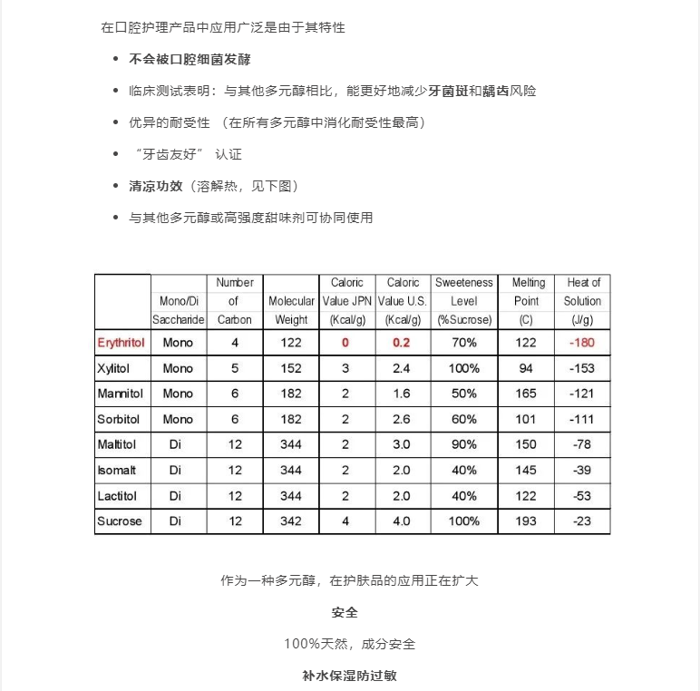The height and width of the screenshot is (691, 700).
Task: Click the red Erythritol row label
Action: click(x=122, y=343)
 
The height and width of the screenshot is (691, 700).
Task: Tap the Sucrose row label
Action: click(x=120, y=521)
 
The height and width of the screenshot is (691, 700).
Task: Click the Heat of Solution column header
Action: click(x=582, y=301)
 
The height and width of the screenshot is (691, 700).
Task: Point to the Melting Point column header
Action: click(x=526, y=301)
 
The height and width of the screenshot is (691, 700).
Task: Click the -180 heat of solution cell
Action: click(x=582, y=343)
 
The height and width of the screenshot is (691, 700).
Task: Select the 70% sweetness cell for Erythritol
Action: click(x=464, y=343)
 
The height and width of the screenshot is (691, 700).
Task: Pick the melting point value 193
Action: click(x=526, y=521)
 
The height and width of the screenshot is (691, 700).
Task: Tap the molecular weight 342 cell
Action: click(x=291, y=521)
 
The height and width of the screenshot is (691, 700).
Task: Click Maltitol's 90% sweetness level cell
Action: click(x=464, y=444)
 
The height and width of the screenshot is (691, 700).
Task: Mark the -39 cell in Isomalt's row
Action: click(x=582, y=470)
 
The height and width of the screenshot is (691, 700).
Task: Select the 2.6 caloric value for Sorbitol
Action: click(x=402, y=419)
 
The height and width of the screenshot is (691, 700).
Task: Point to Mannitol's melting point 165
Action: click(x=526, y=394)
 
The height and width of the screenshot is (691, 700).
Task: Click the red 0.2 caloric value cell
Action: click(x=402, y=343)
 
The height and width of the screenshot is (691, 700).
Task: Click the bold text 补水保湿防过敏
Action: click(x=350, y=676)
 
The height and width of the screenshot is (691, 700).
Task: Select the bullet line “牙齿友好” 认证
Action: click(x=186, y=154)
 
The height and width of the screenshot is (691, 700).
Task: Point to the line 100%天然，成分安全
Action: click(x=350, y=644)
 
